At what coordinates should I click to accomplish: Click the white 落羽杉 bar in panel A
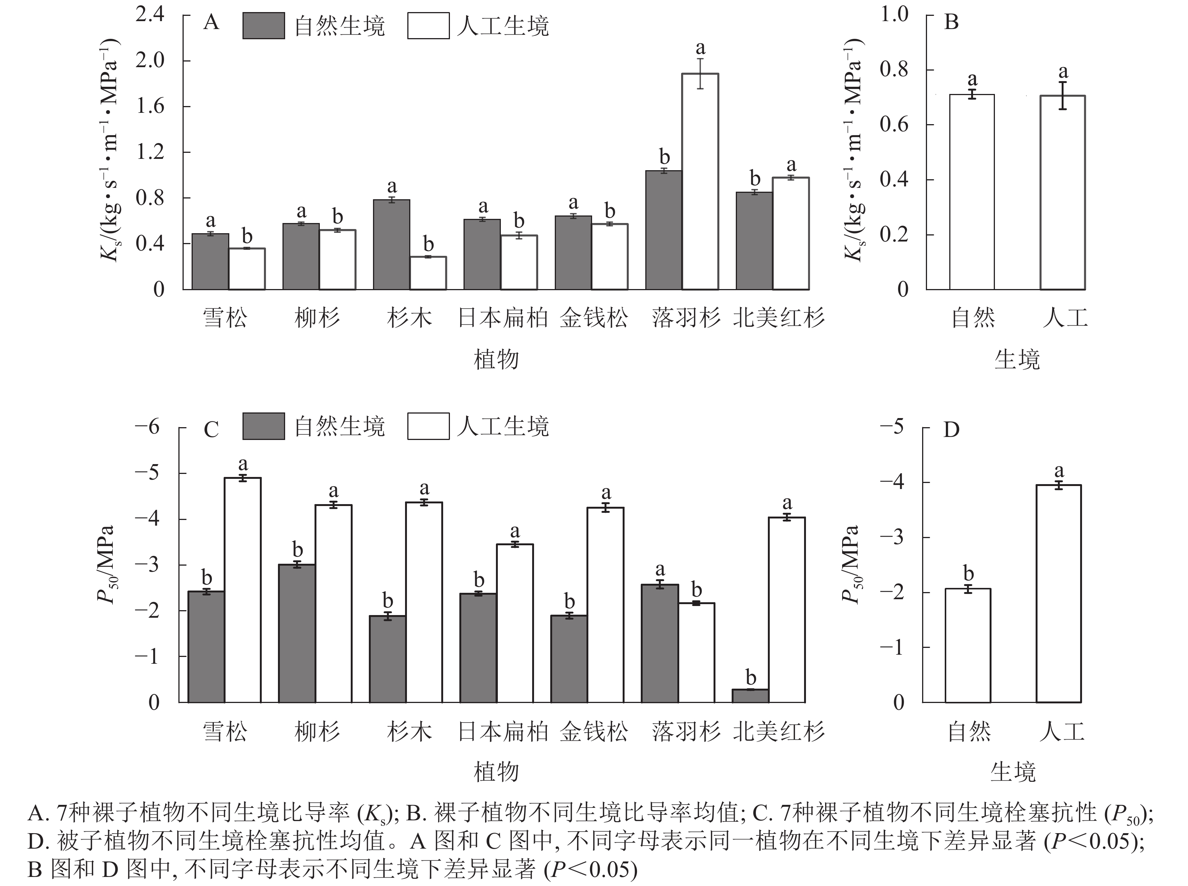pyautogui.click(x=700, y=182)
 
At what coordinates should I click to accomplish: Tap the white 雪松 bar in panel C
pyautogui.click(x=243, y=590)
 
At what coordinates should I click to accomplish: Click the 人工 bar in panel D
pyautogui.click(x=1058, y=593)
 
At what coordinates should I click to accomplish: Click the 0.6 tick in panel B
pyautogui.click(x=894, y=125)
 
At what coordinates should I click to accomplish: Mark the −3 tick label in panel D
pyautogui.click(x=892, y=537)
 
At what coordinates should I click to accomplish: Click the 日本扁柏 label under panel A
pyautogui.click(x=502, y=318)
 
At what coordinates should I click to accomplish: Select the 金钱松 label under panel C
pyautogui.click(x=594, y=731)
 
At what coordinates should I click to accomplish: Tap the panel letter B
pyautogui.click(x=951, y=23)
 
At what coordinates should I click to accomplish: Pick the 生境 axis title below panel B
pyautogui.click(x=1016, y=359)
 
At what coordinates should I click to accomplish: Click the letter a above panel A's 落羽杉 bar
pyautogui.click(x=700, y=49)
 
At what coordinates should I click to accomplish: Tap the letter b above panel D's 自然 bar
pyautogui.click(x=968, y=573)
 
